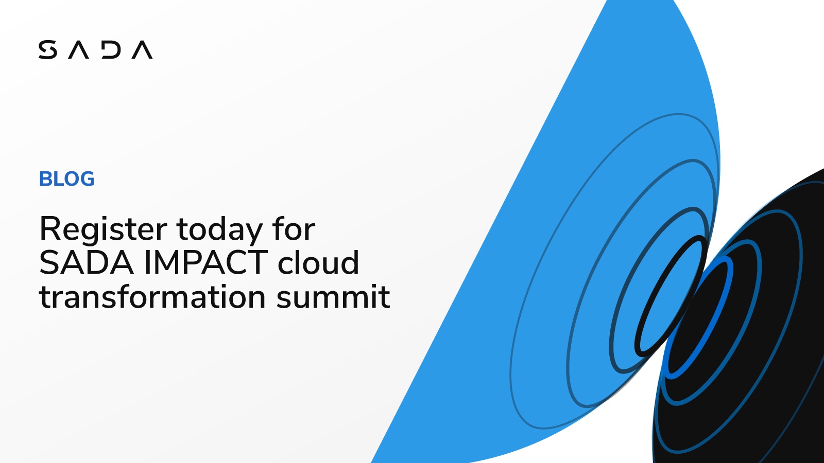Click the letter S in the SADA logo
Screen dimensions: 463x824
pyautogui.click(x=47, y=50)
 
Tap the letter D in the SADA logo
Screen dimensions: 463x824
pyautogui.click(x=111, y=50)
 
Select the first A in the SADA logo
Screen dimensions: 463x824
pyautogui.click(x=79, y=50)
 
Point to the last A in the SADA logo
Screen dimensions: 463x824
pyautogui.click(x=142, y=50)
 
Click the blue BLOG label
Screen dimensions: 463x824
pyautogui.click(x=66, y=179)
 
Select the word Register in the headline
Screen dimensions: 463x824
pyautogui.click(x=103, y=229)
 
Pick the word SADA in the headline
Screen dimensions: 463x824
pyautogui.click(x=87, y=263)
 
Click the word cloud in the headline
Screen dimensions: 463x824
pyautogui.click(x=318, y=263)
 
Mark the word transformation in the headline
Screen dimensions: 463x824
pyautogui.click(x=152, y=297)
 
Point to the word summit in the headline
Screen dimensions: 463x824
pyautogui.click(x=333, y=297)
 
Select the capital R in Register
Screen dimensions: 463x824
pyautogui.click(x=50, y=229)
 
